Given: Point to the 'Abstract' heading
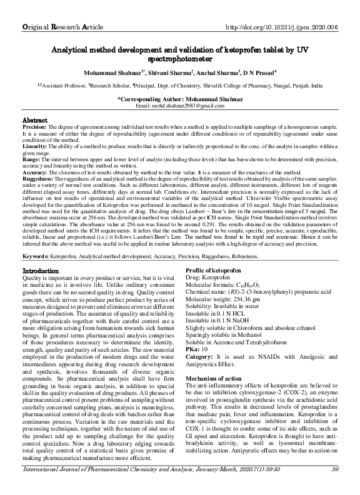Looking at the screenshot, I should pyautogui.click(x=35, y=119).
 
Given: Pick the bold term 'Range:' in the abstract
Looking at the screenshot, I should pyautogui.click(x=31, y=159).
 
